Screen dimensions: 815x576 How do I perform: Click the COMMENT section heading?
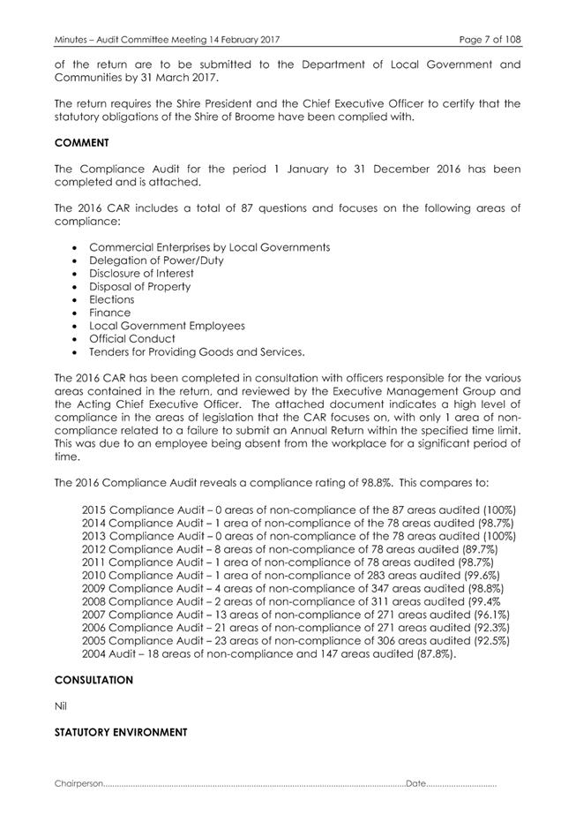[81, 141]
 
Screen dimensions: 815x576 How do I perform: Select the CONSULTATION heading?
[94, 680]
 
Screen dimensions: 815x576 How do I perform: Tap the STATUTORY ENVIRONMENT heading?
[121, 732]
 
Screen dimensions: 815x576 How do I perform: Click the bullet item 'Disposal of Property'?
[139, 287]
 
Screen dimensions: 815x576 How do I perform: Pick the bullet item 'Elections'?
[112, 299]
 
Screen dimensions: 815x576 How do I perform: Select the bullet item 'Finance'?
[109, 313]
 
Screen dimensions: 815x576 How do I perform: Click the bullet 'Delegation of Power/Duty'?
[156, 260]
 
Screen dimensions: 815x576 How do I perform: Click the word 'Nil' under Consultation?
[61, 706]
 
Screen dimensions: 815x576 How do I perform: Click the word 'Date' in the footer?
[415, 783]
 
